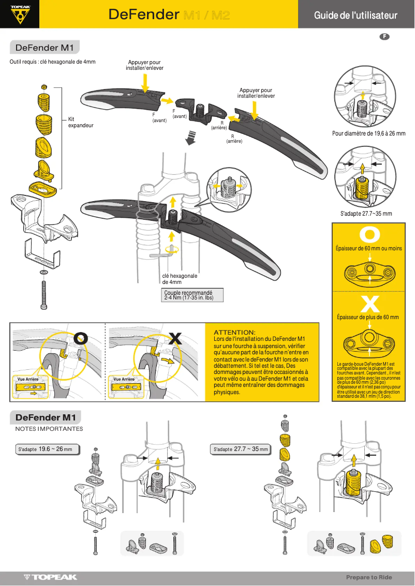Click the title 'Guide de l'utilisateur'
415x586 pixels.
click(355, 15)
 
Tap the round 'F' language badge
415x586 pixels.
click(384, 37)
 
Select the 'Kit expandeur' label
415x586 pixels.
click(81, 122)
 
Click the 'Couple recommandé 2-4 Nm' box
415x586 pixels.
click(194, 295)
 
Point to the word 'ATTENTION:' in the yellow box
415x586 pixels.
click(234, 332)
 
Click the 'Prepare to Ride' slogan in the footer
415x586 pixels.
click(369, 577)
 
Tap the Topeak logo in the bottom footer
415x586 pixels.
click(50, 577)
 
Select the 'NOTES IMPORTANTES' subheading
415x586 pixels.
click(49, 429)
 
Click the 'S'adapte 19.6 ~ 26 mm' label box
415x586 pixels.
click(48, 449)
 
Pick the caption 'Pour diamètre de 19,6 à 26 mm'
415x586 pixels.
click(368, 133)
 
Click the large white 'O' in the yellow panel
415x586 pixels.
click(369, 234)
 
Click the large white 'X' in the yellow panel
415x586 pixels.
click(369, 303)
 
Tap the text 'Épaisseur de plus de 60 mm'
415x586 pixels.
click(368, 317)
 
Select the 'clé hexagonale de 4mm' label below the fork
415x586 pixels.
click(180, 279)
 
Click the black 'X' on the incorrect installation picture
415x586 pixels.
click(175, 339)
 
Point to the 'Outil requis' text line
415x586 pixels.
click(53, 62)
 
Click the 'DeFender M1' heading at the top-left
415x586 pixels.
click(45, 48)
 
